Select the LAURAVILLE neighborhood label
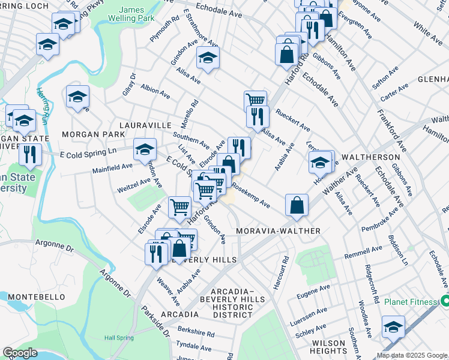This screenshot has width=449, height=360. click(146, 125)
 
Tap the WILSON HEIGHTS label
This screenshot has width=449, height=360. click(328, 348)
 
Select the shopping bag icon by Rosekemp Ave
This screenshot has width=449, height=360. click(297, 205)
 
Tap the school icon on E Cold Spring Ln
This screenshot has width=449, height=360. click(145, 149)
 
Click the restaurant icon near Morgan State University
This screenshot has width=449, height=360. click(30, 154)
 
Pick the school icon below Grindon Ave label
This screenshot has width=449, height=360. click(208, 58)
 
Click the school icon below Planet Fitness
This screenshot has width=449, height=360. click(393, 327)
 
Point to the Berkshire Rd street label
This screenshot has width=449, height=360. click(196, 333)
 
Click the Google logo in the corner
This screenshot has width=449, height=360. click(20, 353)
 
